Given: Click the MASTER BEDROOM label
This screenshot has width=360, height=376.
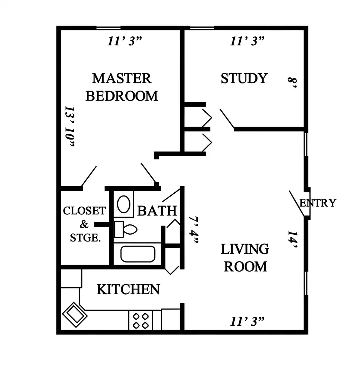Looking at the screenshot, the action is point(122,87).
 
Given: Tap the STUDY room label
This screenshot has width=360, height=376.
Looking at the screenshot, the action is point(244,78).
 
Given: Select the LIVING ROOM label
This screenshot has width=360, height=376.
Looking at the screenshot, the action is point(245,258).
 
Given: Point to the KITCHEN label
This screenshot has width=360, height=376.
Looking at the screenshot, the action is point(128,289).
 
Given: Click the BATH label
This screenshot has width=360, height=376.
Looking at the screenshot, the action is point(157,211).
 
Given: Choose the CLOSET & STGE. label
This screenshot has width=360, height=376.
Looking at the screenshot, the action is point(84,224).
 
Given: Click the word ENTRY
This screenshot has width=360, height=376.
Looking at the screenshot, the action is point(317,203).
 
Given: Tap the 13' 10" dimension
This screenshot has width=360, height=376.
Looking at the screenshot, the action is point(70,126).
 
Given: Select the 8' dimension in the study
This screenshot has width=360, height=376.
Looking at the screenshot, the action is point(292,83).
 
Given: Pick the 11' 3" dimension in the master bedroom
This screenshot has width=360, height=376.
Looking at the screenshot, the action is point(125,41).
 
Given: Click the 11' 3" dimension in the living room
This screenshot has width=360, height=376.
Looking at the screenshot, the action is point(247,321).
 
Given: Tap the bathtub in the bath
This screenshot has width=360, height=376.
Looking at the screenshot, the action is point(138,254).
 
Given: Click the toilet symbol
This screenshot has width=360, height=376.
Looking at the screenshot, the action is point(125,229).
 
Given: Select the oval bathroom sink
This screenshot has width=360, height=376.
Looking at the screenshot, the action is point(124,204).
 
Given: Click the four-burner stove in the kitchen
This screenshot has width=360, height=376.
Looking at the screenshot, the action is point(141,320).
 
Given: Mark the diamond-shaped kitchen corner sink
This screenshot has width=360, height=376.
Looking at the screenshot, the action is point(75,315).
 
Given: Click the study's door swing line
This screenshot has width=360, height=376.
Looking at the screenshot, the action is point(227,119).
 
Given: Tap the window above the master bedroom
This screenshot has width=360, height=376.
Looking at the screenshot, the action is point(109,28).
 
